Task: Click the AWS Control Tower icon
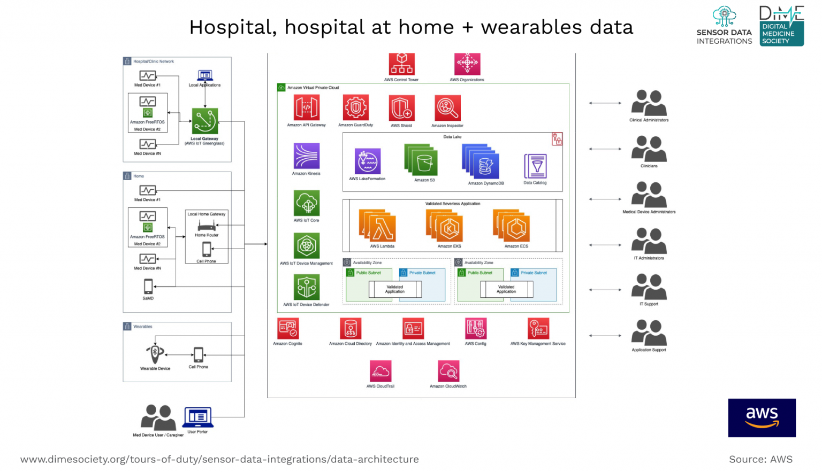401,64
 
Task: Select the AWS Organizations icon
467,64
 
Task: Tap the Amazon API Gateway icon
306,107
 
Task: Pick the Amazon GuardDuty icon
355,107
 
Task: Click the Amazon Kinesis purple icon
306,156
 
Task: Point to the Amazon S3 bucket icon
422,160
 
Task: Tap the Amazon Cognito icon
288,329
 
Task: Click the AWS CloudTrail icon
380,371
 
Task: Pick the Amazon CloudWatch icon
448,371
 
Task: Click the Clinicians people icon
649,149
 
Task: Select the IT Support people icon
649,287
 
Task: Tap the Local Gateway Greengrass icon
205,121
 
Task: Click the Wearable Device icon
155,353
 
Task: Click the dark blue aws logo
762,417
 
